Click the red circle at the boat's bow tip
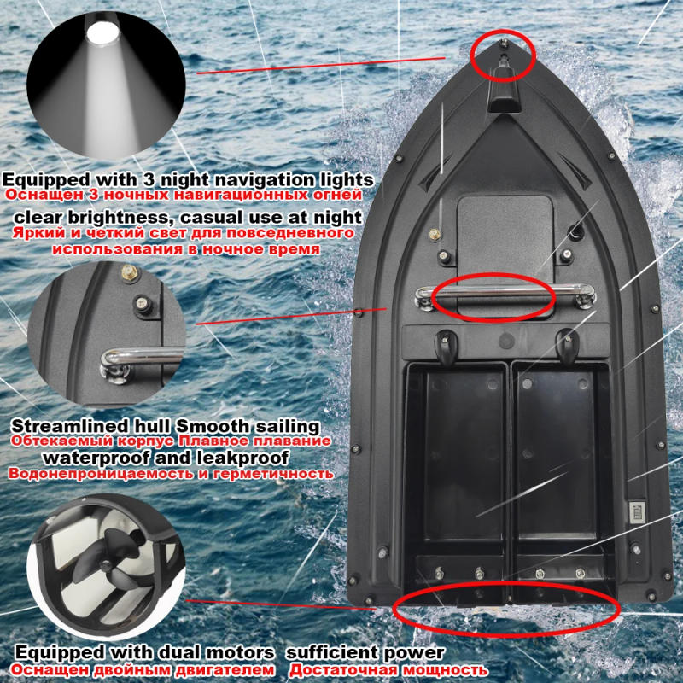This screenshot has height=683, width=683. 503,53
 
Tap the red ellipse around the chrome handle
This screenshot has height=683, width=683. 493,296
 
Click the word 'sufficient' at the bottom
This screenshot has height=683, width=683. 329,654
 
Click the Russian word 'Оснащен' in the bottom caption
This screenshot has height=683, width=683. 39,670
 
